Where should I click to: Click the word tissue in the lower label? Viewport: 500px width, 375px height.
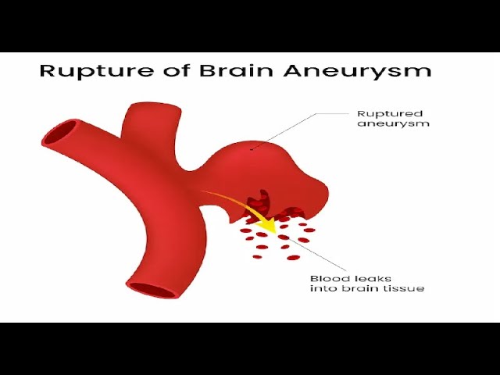click(407, 289)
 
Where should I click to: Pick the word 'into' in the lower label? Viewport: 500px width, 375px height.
click(323, 289)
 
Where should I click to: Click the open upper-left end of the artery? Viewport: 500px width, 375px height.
click(59, 133)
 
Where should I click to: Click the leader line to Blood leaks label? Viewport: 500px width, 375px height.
click(309, 254)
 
